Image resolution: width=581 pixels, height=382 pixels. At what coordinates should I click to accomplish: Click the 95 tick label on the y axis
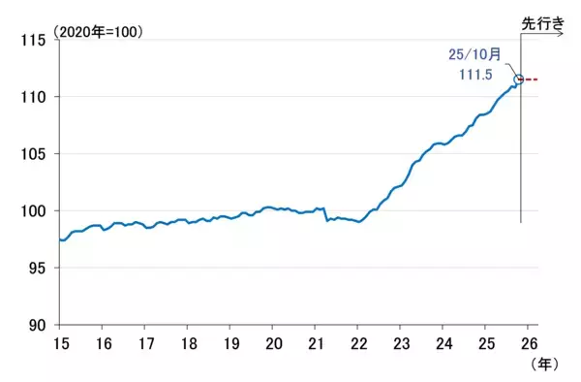(x=40, y=269)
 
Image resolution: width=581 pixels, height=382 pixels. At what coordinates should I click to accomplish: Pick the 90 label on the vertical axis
(x=40, y=326)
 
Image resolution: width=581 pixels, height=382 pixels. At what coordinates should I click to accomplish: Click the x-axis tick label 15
(x=60, y=343)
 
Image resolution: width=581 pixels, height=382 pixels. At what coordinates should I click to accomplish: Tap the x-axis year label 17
(x=145, y=343)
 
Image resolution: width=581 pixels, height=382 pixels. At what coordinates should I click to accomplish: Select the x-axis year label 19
(x=230, y=343)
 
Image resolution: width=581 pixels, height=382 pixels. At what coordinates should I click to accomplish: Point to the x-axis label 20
(x=273, y=343)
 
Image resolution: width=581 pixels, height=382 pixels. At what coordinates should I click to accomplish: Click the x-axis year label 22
(x=358, y=343)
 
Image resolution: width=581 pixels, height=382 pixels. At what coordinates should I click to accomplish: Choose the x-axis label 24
(x=443, y=343)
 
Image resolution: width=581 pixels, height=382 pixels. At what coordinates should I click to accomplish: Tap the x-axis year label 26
(x=528, y=343)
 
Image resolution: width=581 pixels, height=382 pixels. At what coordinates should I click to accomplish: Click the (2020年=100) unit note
(x=102, y=32)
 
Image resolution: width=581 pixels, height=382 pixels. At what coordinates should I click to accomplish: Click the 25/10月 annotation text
(x=475, y=54)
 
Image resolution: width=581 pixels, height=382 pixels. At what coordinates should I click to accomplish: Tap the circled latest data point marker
(x=519, y=79)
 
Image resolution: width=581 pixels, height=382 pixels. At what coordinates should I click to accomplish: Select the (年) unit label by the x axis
(x=545, y=365)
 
